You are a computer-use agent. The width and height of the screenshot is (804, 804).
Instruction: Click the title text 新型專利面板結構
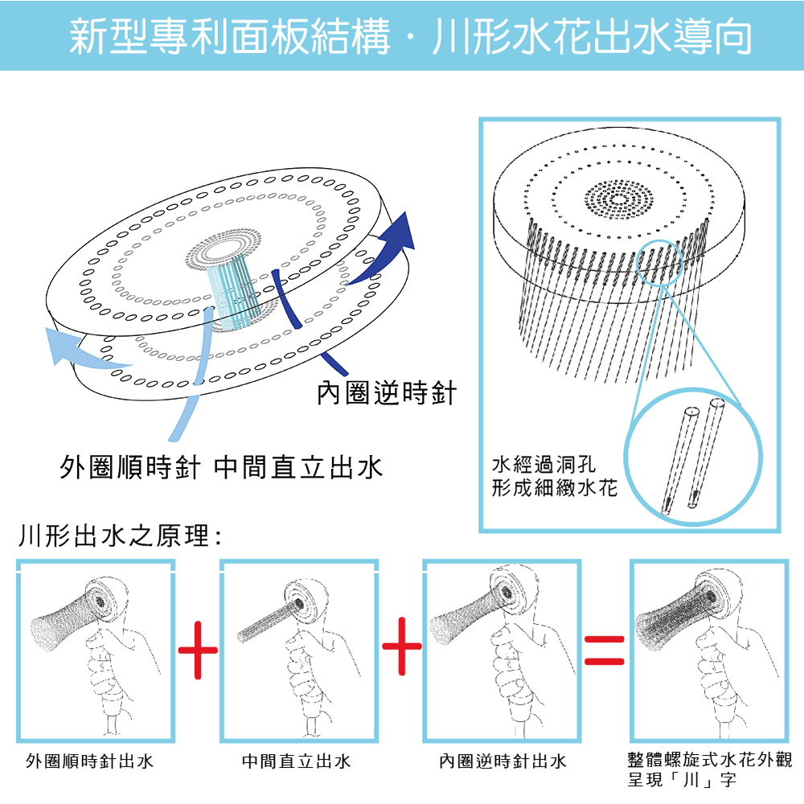point(230,36)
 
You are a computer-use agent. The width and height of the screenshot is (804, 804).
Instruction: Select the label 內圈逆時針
point(386,393)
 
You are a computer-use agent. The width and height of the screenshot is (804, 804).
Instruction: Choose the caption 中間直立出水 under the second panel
point(297,761)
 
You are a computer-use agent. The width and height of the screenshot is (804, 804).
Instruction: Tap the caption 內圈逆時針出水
point(503,761)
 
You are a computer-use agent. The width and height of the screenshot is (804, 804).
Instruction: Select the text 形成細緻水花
point(554,487)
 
